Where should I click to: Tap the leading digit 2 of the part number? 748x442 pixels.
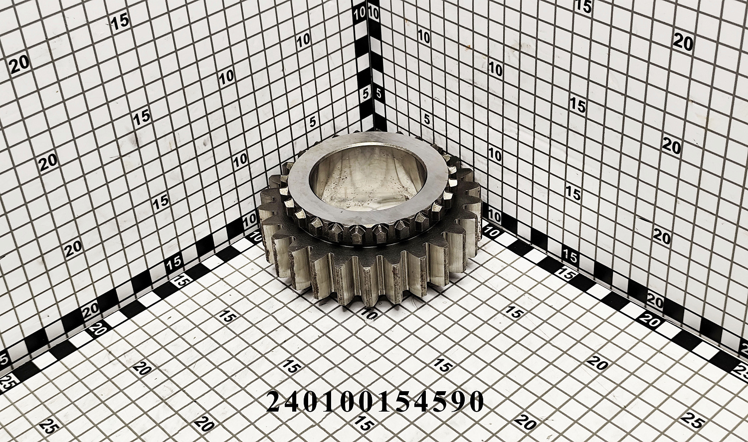275,401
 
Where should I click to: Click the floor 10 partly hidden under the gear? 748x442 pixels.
368,313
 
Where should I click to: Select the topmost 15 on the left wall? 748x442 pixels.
120,22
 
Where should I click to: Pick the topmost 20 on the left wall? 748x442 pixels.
20,65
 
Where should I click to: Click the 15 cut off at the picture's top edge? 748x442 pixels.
584,5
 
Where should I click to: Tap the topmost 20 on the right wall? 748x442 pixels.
683,42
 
